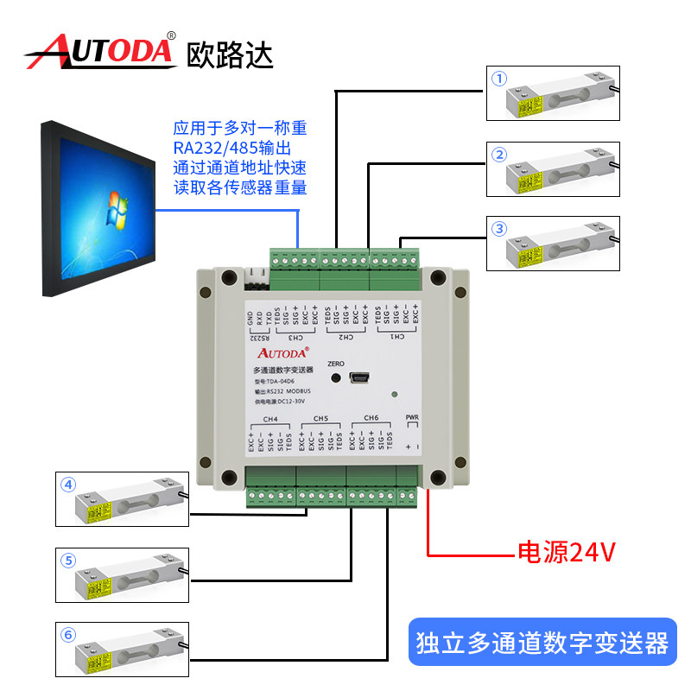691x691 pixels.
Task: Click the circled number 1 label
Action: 498,78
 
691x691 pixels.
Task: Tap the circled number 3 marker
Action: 498,229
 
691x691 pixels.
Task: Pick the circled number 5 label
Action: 68,560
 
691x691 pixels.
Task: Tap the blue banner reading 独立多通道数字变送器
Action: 542,642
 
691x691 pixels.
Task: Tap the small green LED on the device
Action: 394,396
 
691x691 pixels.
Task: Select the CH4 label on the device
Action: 270,419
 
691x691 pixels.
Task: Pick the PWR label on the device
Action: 412,419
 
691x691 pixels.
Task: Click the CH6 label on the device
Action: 371,419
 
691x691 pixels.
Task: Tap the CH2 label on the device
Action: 345,337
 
